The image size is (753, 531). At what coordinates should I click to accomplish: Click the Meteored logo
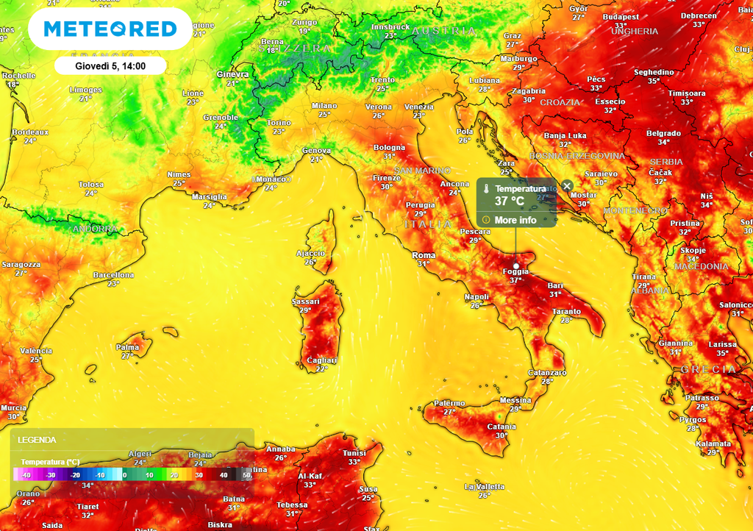(x=110, y=29)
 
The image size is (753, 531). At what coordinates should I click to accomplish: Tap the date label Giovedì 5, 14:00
(x=110, y=65)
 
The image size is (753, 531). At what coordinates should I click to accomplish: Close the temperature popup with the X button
(x=567, y=185)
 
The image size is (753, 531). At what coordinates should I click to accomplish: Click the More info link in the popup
(x=515, y=220)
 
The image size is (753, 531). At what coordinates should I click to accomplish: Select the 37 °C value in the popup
(x=510, y=201)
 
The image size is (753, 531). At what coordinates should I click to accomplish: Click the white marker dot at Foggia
(x=515, y=265)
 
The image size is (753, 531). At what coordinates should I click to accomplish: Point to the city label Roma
(x=424, y=255)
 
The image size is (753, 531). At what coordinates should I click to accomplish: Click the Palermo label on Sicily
(x=449, y=403)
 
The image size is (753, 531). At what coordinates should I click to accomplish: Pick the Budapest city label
(x=620, y=17)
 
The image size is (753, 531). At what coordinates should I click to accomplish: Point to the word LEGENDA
(x=37, y=440)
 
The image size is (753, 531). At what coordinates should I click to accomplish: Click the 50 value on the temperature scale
(x=246, y=475)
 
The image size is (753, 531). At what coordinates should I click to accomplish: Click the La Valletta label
(x=485, y=487)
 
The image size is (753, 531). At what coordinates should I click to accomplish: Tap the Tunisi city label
(x=354, y=453)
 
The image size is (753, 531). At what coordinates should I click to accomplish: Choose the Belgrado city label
(x=663, y=133)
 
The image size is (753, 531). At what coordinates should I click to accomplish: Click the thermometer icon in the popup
(x=486, y=189)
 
